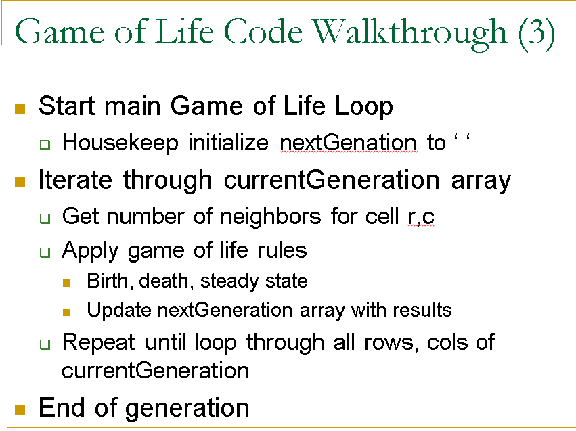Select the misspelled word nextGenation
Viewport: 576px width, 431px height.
coord(348,143)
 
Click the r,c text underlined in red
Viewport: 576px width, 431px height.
coord(420,217)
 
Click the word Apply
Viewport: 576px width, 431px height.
coord(89,250)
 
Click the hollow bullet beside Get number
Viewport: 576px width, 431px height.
coord(45,219)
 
